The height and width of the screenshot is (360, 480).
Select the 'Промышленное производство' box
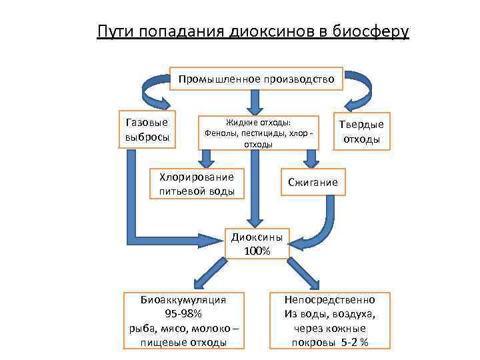pos(256,79)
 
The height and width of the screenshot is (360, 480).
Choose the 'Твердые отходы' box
pos(361,132)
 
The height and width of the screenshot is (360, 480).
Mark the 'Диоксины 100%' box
pos(257,243)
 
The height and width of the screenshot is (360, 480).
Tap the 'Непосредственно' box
pos(329,320)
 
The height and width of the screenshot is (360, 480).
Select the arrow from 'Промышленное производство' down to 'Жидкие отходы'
pos(253,101)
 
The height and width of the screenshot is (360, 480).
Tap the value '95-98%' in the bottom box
pos(183,314)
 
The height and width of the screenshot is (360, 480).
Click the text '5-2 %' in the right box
pos(355,343)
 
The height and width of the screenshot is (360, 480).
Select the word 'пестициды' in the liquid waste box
pos(264,133)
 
